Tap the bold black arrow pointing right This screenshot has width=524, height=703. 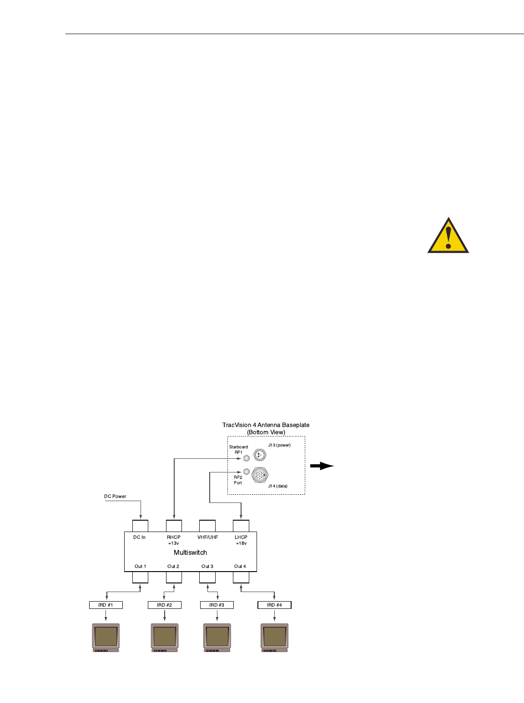click(x=322, y=466)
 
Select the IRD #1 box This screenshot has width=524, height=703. click(x=106, y=605)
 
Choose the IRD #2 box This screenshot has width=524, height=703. click(x=164, y=605)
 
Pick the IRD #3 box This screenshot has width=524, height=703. click(x=217, y=605)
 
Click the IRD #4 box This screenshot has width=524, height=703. click(x=274, y=605)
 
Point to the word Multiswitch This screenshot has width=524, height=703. click(x=190, y=552)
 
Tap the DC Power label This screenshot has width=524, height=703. click(x=115, y=496)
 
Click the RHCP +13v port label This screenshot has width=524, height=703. click(x=174, y=540)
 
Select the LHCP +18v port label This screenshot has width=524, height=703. click(x=241, y=540)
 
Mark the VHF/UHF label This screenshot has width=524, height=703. click(x=207, y=537)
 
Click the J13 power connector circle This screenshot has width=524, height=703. click(x=260, y=454)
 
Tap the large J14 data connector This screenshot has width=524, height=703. click(x=260, y=475)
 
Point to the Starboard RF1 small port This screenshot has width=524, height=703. click(x=246, y=458)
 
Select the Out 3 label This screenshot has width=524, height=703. click(x=207, y=567)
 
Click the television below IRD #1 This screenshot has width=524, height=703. click(x=106, y=637)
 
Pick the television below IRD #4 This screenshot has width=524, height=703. click(x=274, y=637)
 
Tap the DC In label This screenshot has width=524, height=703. click(x=140, y=537)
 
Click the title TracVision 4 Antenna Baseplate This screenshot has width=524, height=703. click(x=266, y=425)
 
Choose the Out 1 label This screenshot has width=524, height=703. click(x=140, y=567)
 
